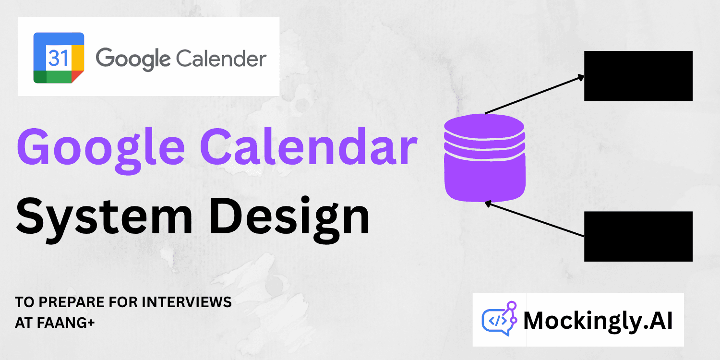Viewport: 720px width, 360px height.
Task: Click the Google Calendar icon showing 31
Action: [59, 58]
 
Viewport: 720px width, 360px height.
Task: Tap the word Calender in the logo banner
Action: [220, 59]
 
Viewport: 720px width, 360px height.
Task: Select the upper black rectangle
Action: [638, 76]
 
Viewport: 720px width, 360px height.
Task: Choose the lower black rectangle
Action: [638, 236]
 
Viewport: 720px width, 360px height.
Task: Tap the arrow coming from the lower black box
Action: [535, 219]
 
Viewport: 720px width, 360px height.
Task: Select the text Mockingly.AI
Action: [598, 321]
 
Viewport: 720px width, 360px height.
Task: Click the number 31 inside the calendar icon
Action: [58, 58]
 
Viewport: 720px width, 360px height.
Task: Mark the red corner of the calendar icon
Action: [77, 76]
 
